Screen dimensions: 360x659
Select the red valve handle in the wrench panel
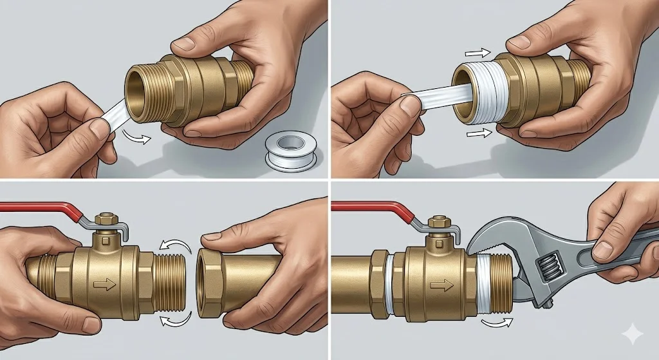(367, 208)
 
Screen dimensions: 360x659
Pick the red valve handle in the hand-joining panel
(39, 208)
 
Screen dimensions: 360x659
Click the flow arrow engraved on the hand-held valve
(102, 283)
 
